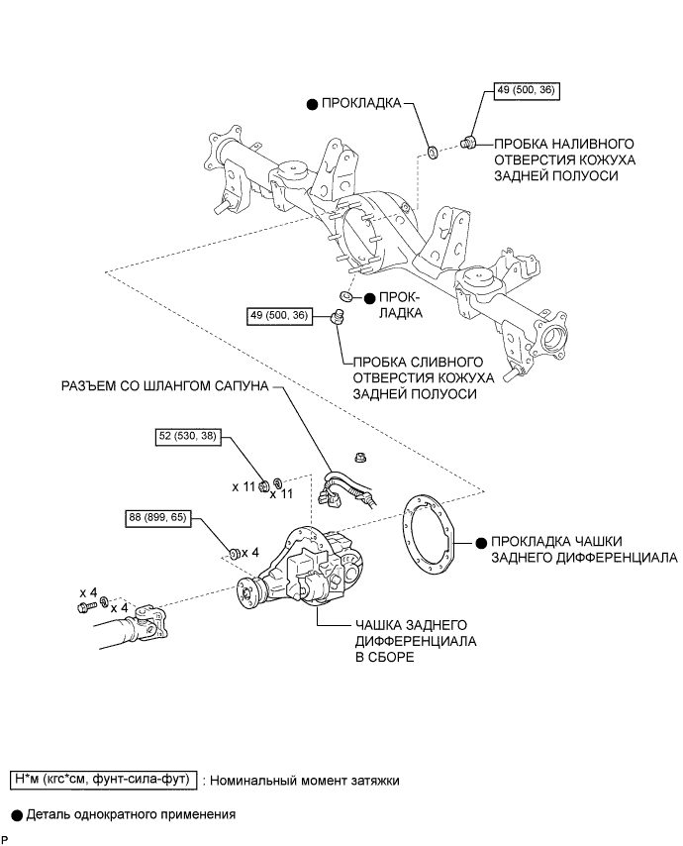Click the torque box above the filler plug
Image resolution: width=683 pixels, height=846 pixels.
(527, 90)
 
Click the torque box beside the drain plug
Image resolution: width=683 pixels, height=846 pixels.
(280, 315)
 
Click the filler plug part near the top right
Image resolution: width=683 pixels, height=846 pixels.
(468, 143)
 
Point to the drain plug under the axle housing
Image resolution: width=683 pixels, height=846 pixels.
(337, 317)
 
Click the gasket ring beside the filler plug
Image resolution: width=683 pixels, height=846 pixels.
(433, 152)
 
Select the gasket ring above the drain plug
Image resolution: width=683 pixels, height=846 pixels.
(345, 296)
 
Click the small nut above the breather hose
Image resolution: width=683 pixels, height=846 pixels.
(360, 458)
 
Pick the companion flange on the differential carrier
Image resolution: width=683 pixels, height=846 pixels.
(248, 591)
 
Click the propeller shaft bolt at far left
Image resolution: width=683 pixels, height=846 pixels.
(86, 607)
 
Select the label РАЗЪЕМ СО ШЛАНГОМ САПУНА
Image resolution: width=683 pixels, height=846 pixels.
(164, 386)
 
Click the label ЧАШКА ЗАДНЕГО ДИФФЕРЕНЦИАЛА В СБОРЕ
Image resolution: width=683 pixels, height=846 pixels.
(416, 641)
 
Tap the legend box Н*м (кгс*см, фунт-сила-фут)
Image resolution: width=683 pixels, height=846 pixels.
(104, 780)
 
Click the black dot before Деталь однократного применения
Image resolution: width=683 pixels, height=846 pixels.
(17, 815)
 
